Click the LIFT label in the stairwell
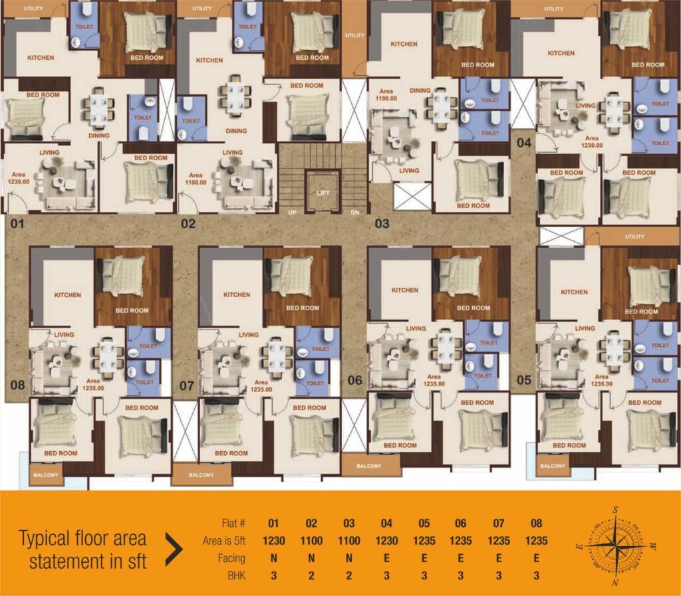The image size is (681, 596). (323, 193)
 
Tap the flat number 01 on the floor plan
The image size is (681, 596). (17, 224)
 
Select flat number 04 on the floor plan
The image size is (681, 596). (524, 143)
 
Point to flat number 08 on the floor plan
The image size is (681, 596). (17, 385)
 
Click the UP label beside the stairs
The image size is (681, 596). (293, 212)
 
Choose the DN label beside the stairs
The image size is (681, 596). (355, 212)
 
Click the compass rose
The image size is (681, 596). (616, 546)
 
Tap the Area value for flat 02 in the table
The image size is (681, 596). (311, 540)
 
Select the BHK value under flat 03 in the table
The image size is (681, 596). (348, 575)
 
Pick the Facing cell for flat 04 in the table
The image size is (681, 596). (386, 558)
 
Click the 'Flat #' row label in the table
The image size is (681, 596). (233, 523)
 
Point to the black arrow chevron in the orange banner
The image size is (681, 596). (174, 549)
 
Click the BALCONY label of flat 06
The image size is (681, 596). (368, 466)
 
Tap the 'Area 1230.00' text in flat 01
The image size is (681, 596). (18, 178)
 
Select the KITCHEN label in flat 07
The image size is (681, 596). (237, 294)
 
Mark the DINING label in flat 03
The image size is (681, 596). (420, 90)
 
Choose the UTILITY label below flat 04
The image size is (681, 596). (634, 237)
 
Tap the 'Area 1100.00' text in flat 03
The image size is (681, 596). (386, 94)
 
